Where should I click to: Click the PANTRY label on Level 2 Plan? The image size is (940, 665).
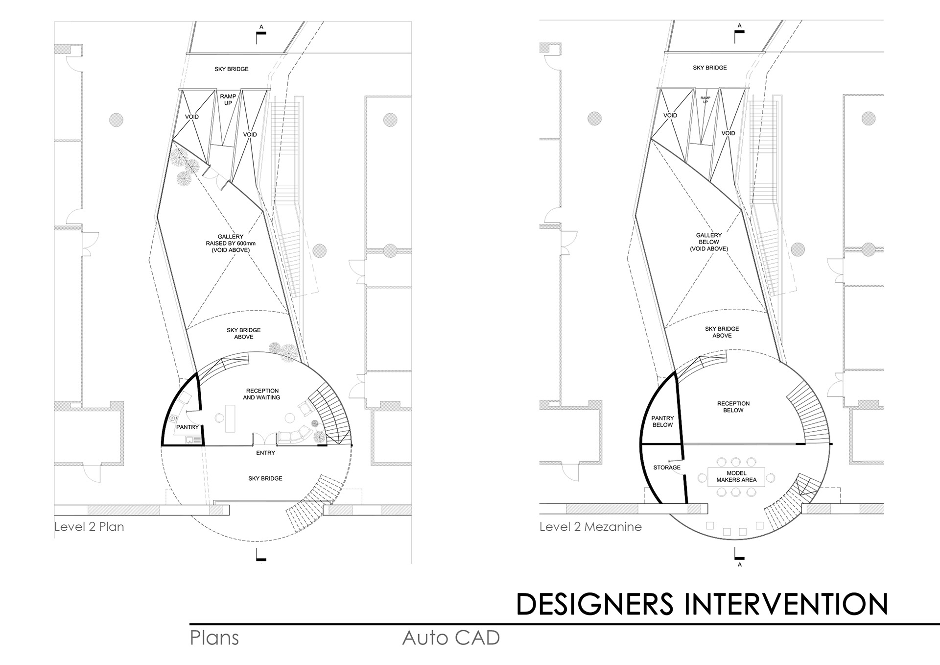click(188, 427)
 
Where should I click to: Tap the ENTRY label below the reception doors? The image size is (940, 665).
click(265, 453)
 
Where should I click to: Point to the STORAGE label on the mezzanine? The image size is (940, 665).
click(667, 468)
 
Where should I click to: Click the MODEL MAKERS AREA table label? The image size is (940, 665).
click(736, 477)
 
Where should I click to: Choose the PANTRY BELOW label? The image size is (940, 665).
click(662, 421)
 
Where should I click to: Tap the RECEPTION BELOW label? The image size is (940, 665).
click(733, 407)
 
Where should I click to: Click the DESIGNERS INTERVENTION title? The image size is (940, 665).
click(702, 604)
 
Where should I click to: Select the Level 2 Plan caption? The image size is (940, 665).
click(89, 527)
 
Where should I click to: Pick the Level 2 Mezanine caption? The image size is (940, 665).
click(590, 527)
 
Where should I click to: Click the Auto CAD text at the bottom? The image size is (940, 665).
click(451, 638)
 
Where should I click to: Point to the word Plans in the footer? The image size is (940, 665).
click(214, 638)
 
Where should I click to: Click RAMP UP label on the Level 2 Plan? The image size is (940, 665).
click(228, 100)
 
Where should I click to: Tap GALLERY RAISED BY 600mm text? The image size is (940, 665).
click(231, 244)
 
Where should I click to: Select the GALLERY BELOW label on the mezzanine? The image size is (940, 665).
click(708, 242)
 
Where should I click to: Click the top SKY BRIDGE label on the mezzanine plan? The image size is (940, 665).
click(709, 68)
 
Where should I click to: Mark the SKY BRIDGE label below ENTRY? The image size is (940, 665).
click(265, 478)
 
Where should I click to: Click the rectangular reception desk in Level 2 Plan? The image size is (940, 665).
click(230, 418)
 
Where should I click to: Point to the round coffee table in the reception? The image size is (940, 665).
click(290, 418)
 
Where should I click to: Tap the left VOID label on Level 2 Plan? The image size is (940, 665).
click(192, 117)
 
